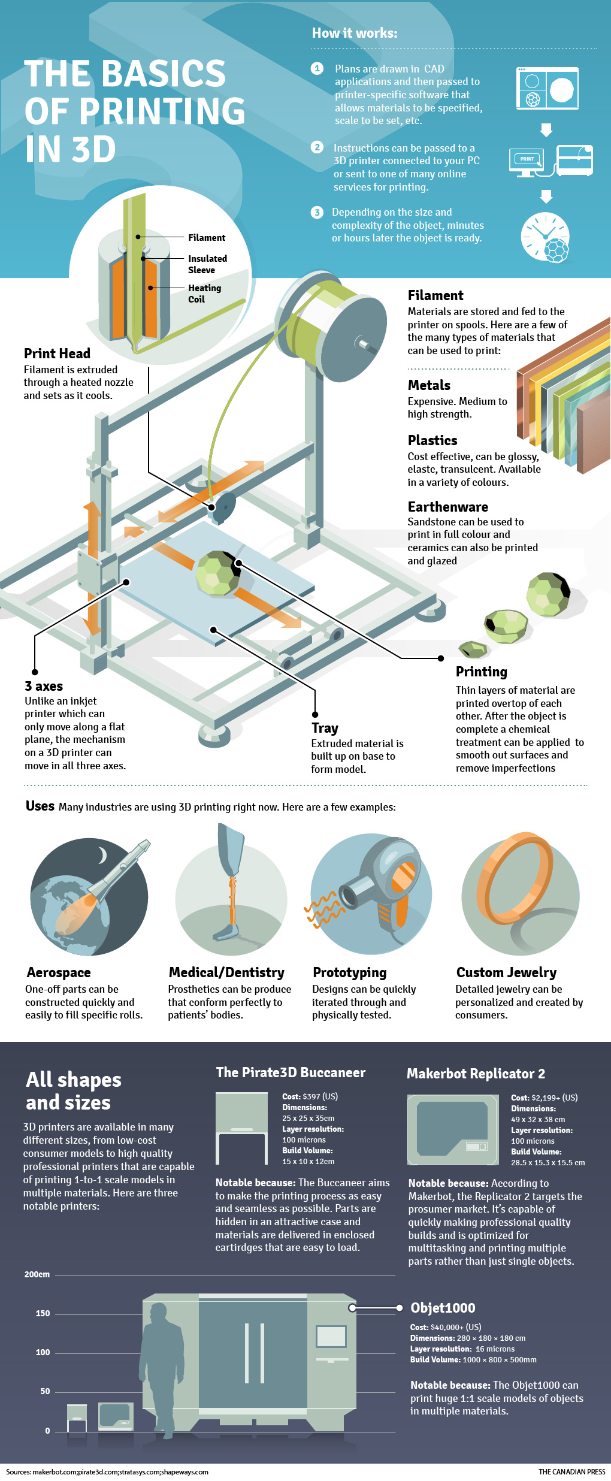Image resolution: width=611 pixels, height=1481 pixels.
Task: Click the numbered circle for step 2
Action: click(x=317, y=147)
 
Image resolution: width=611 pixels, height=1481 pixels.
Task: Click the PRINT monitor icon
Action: click(x=527, y=160)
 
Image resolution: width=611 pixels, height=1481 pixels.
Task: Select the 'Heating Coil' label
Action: click(x=204, y=294)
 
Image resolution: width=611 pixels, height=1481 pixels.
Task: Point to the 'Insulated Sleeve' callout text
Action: click(x=207, y=264)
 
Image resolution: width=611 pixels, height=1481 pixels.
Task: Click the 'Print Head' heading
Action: click(x=57, y=353)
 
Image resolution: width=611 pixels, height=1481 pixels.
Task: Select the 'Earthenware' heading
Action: click(x=447, y=507)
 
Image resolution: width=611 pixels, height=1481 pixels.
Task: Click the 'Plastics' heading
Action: click(x=432, y=440)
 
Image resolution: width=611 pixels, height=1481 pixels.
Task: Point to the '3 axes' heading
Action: click(x=44, y=687)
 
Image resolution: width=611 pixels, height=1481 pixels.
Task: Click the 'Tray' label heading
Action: click(x=325, y=729)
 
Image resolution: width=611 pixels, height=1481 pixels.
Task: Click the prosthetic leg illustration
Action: click(x=231, y=881)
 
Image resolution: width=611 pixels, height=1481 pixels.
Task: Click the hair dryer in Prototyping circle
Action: click(x=383, y=881)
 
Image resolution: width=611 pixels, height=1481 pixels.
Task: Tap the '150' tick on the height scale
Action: click(x=43, y=1313)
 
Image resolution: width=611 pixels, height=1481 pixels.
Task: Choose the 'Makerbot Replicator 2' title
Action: click(x=476, y=1074)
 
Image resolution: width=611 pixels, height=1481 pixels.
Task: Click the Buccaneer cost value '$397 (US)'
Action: click(x=320, y=1096)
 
